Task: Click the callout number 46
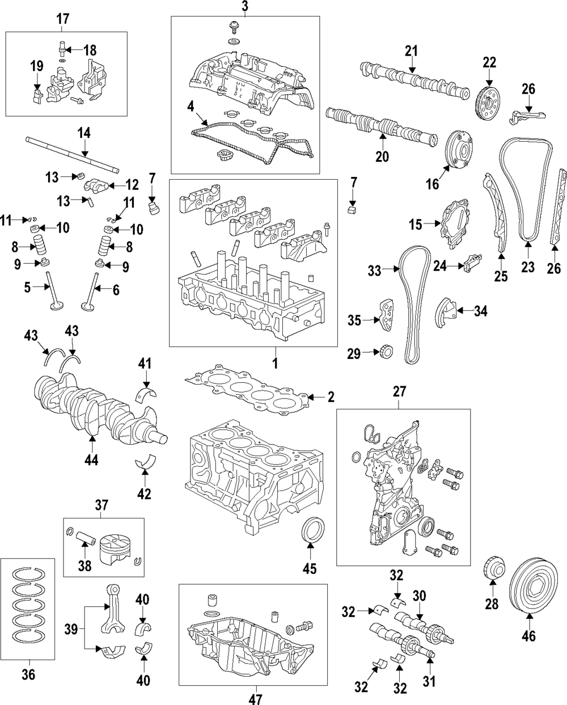tap(528, 636)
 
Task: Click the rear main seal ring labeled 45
tap(311, 530)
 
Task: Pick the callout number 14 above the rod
tap(83, 134)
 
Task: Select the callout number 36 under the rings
tap(28, 674)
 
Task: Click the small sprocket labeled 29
tap(386, 353)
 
